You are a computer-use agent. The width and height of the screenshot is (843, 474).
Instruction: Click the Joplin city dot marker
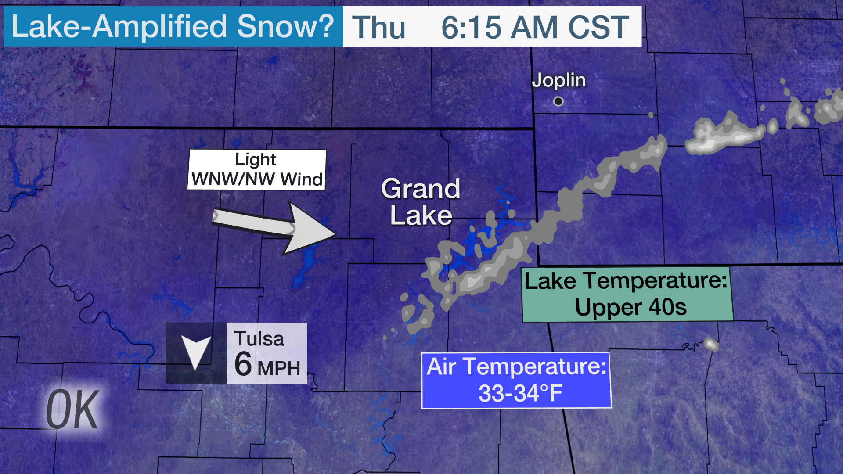pos(558,101)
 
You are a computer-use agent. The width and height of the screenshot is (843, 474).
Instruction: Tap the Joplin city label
pos(558,80)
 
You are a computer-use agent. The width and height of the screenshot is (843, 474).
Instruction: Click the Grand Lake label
pos(421,202)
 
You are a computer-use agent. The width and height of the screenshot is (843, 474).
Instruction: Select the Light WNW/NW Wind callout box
pos(257,169)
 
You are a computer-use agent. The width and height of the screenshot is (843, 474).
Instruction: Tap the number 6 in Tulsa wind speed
pos(243,364)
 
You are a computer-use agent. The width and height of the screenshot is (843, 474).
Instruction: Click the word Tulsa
pos(259,339)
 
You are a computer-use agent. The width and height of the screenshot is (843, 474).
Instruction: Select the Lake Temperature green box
pos(627,294)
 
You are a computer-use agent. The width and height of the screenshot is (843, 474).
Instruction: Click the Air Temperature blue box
pos(516,380)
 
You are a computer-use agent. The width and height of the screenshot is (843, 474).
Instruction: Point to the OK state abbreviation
pos(72,410)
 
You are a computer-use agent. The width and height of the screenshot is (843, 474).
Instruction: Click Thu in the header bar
pos(378,27)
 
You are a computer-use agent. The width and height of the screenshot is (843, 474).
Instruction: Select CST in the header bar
pos(599,27)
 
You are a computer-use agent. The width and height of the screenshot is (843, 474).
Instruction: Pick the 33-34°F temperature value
pos(520,393)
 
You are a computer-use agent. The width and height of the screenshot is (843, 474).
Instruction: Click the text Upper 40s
pos(630,307)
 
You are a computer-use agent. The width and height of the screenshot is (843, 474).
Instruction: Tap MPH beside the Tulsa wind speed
pos(279,368)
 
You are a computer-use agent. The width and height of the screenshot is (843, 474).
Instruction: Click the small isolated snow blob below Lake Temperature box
pos(711,344)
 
